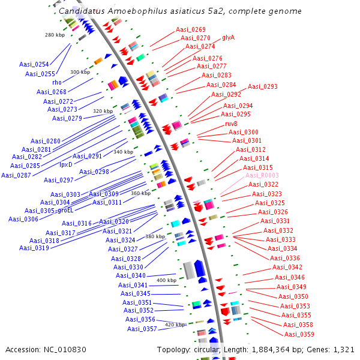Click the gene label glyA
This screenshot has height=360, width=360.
(x=229, y=37)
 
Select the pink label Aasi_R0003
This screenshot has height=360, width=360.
(x=262, y=175)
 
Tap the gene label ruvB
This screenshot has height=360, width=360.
(x=232, y=124)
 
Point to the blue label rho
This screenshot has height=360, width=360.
(x=57, y=82)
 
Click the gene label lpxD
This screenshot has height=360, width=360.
(x=65, y=164)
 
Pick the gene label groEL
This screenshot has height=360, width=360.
(x=65, y=211)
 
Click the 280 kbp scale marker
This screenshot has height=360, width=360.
(x=55, y=35)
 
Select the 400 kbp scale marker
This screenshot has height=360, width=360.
(x=166, y=280)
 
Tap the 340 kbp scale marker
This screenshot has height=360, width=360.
(x=123, y=152)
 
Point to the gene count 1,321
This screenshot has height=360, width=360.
(x=343, y=349)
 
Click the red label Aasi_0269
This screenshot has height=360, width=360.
(x=191, y=29)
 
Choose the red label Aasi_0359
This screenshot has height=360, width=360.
(x=299, y=334)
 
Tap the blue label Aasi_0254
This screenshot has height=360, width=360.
(x=34, y=64)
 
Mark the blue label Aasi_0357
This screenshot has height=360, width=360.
(x=142, y=329)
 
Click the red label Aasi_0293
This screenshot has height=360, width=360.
(x=263, y=86)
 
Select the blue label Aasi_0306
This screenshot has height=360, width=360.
(x=23, y=219)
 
